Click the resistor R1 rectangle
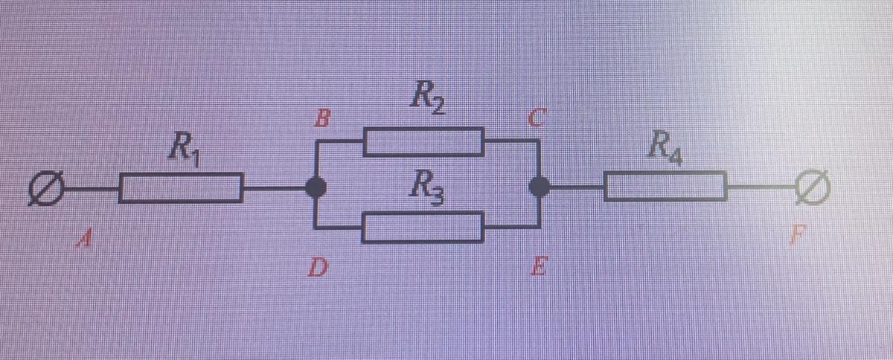click(181, 187)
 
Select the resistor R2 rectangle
click(423, 142)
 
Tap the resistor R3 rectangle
click(423, 227)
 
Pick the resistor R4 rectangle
click(665, 187)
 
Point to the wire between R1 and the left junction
click(275, 188)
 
